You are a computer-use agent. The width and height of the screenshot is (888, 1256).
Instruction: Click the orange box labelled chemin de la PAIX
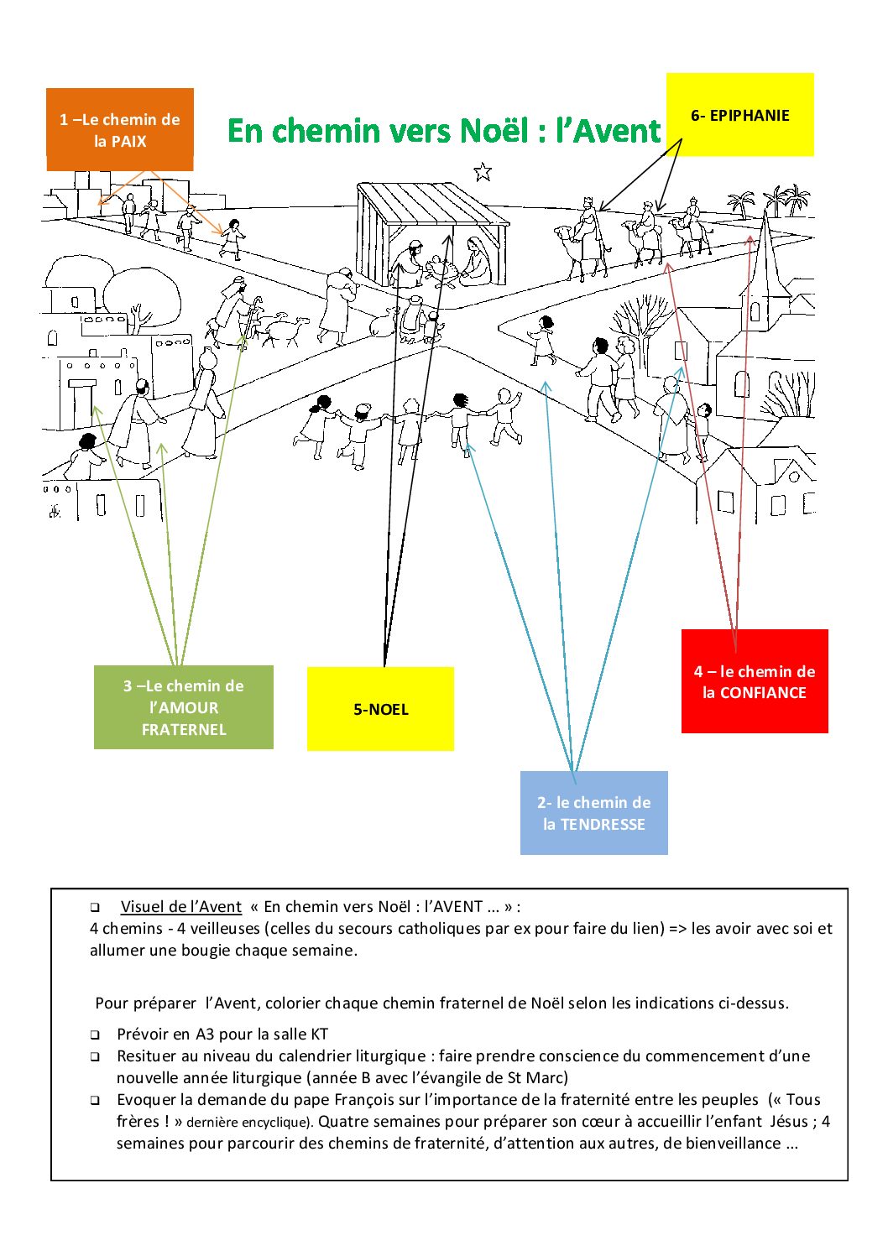120,130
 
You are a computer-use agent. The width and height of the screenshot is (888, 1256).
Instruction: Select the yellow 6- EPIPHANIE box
739,115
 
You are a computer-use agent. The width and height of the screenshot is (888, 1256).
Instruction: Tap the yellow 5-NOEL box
380,709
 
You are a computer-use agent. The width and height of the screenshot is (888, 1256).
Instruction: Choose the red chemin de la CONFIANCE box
754,681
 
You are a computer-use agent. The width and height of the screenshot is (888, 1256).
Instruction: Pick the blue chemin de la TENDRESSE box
593,813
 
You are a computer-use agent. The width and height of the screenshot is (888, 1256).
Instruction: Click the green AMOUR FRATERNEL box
183,707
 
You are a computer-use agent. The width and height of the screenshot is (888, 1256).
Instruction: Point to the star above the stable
482,172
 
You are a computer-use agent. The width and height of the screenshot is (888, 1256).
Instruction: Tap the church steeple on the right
765,252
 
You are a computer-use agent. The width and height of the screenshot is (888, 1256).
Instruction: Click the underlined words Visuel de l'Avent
180,906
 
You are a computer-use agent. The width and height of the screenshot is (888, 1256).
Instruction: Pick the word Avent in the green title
619,131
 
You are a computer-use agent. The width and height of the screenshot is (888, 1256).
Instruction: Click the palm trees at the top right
776,201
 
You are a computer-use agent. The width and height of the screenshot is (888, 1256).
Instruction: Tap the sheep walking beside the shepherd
285,329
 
